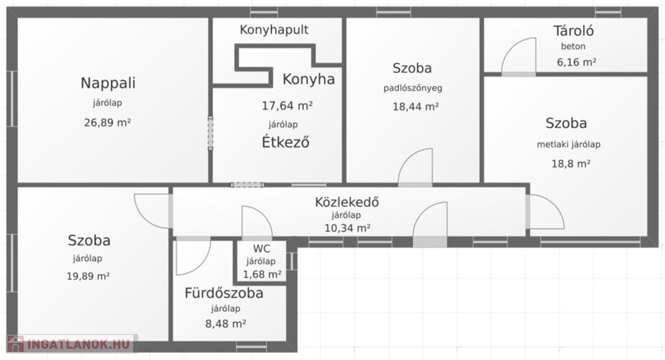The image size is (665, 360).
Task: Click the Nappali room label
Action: click(x=108, y=83)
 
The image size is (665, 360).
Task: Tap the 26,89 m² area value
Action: click(x=107, y=123)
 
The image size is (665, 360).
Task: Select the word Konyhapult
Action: click(x=274, y=30)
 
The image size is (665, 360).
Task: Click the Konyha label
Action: click(x=308, y=79)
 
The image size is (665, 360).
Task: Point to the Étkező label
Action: click(x=286, y=142)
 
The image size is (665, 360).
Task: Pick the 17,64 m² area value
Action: click(x=287, y=105)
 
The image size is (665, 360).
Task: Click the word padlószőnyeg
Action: click(x=412, y=88)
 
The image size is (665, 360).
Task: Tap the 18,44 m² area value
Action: click(x=415, y=107)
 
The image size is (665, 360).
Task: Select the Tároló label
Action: click(x=573, y=31)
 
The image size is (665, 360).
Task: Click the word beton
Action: click(x=573, y=46)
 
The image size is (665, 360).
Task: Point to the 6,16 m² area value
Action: click(x=577, y=62)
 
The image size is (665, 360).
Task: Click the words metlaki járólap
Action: click(x=568, y=144)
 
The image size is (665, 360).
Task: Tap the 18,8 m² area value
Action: click(x=570, y=164)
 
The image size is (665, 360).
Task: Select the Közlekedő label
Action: click(x=347, y=201)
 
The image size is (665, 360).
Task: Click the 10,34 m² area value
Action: click(x=347, y=228)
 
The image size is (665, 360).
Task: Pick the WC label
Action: click(x=261, y=248)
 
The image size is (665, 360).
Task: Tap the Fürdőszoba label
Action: click(x=223, y=293)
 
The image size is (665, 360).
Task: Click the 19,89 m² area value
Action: click(x=88, y=276)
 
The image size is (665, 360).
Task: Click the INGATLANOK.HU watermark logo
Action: click(x=70, y=344)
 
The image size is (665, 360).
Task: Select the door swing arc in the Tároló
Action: click(x=511, y=46)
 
